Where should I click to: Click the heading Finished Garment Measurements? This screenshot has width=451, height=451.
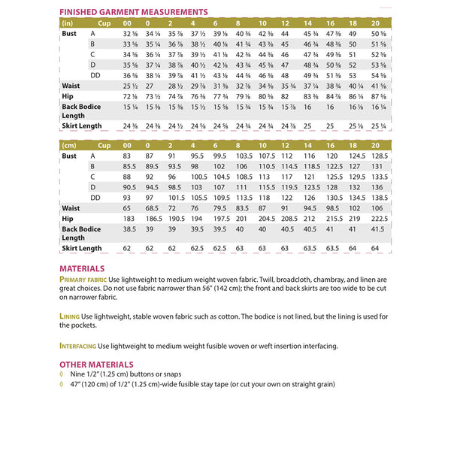[133, 13]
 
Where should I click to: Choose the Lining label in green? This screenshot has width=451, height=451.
[70, 316]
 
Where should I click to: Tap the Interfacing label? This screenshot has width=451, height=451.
[78, 346]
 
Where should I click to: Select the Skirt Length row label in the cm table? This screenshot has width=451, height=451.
[82, 248]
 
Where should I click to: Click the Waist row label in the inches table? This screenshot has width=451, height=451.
[72, 86]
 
